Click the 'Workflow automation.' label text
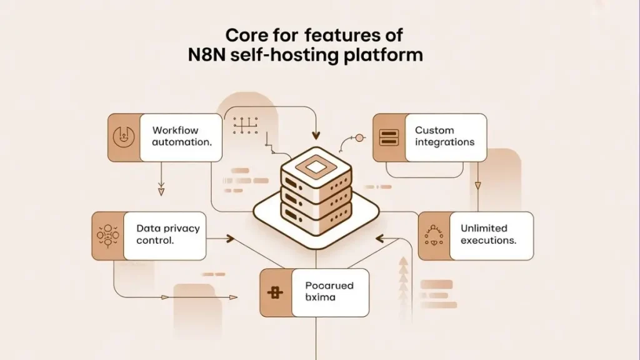(x=181, y=136)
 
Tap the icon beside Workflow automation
(x=124, y=137)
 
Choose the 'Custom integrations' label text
(x=444, y=136)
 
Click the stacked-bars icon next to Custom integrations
(x=389, y=137)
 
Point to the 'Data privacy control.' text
(x=167, y=234)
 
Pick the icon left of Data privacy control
(x=107, y=235)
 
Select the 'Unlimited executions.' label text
(x=487, y=234)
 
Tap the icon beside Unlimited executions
(x=433, y=236)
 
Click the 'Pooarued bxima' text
(x=329, y=291)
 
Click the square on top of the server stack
(x=314, y=166)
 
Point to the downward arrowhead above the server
(x=316, y=135)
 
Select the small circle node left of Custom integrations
(x=359, y=137)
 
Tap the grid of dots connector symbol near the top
(x=246, y=125)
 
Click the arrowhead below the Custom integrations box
(x=478, y=185)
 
